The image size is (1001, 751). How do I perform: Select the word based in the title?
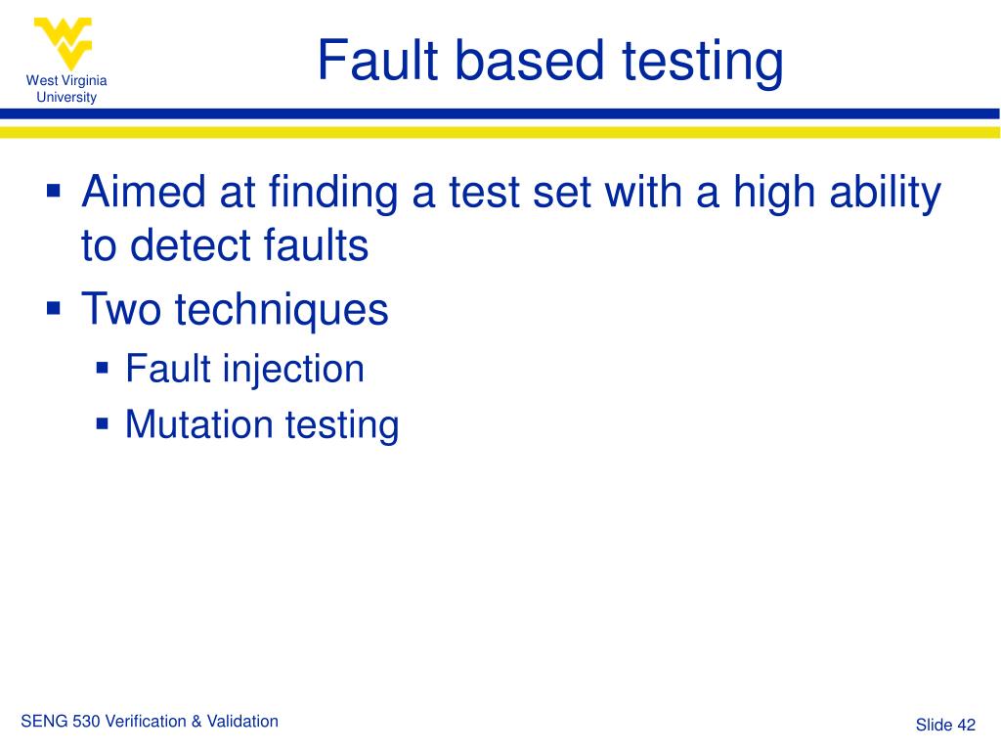533,61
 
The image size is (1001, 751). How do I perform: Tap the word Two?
122,310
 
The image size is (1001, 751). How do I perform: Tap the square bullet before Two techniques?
56,308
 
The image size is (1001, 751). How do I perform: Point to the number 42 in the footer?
967,725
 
